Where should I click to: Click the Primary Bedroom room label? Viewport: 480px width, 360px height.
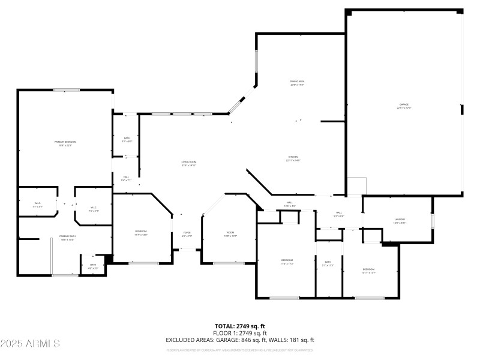(65, 142)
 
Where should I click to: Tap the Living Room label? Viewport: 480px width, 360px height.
(190, 162)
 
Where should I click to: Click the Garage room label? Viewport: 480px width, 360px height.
(404, 105)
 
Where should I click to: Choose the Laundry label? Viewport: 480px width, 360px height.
(400, 220)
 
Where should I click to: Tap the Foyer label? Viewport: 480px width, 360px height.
(187, 233)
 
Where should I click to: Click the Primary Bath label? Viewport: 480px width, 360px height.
(67, 236)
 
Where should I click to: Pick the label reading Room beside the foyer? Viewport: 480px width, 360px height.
(230, 233)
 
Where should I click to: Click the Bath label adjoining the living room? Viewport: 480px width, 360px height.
(127, 138)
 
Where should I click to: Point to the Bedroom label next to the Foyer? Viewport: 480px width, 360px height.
(140, 232)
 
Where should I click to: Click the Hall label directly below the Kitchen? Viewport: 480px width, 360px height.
(289, 203)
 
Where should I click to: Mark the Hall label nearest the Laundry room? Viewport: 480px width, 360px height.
(339, 213)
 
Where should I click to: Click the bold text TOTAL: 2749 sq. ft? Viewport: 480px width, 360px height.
(240, 326)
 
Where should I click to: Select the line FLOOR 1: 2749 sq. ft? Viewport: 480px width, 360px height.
(240, 333)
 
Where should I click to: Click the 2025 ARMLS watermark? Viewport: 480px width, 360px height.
(30, 344)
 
